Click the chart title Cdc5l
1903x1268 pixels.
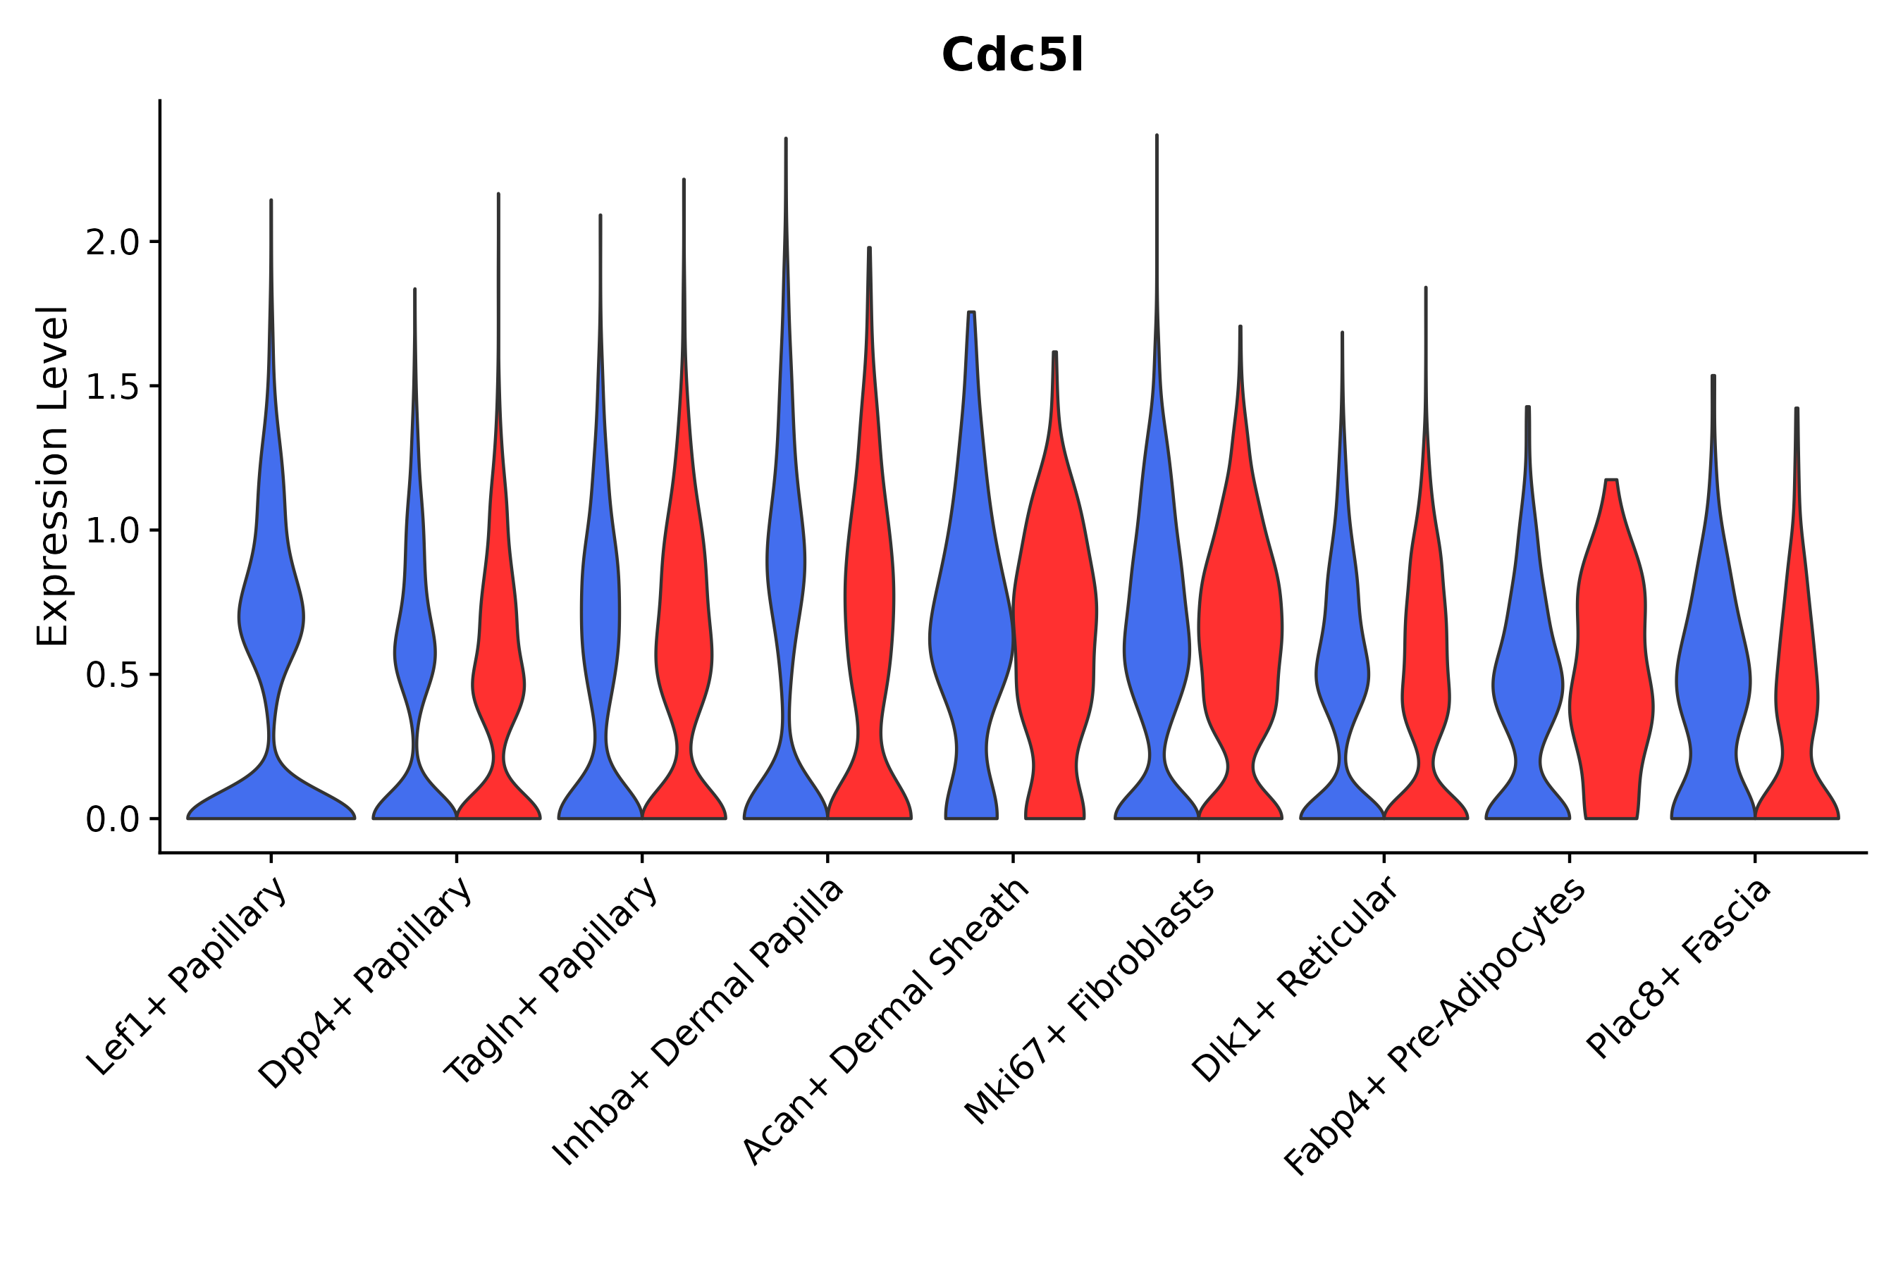[x=1011, y=56]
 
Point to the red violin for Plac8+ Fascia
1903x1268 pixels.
[x=1796, y=688]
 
